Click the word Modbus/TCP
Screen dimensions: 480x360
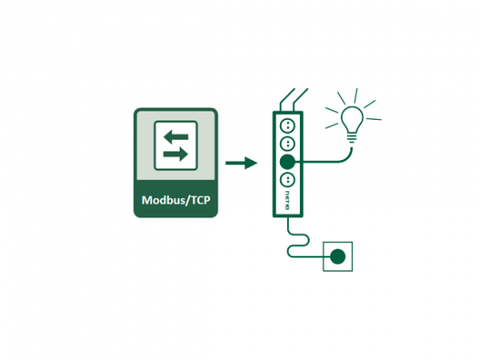[176, 200]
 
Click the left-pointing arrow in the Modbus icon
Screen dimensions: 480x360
[176, 137]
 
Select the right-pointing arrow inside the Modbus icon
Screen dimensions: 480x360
[176, 154]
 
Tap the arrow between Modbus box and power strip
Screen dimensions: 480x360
[242, 163]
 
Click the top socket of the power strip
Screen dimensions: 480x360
[288, 125]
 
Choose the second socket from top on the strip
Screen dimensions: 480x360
[288, 143]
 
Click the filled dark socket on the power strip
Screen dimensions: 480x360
[288, 162]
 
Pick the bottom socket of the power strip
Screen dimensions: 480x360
[288, 180]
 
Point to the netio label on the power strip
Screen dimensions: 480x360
[287, 201]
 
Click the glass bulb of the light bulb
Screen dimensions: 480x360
[352, 119]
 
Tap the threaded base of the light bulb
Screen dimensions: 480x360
[352, 138]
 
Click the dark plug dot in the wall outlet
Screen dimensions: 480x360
[338, 257]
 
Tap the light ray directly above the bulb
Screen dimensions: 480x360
[356, 96]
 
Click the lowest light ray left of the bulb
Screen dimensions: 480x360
[332, 126]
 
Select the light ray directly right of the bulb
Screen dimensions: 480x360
[374, 119]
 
